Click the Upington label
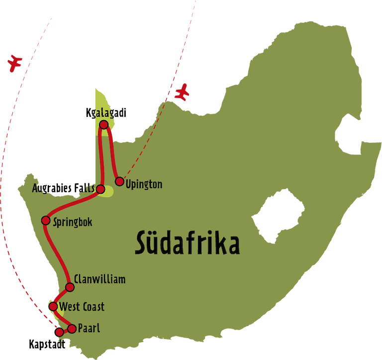tap(144, 185)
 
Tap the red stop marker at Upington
tap(119, 181)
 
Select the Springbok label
tap(73, 222)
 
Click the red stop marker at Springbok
tap(46, 220)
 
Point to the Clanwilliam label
tap(99, 279)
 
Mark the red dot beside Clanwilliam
tap(70, 287)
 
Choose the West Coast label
tap(82, 307)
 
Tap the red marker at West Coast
tap(53, 306)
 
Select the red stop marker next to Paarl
tap(72, 329)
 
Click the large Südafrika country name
tap(187, 244)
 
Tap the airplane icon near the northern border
tap(184, 92)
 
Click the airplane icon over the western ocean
tap(15, 62)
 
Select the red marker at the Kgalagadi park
tap(103, 124)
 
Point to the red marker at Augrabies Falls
tap(100, 189)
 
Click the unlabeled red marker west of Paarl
tap(60, 332)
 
